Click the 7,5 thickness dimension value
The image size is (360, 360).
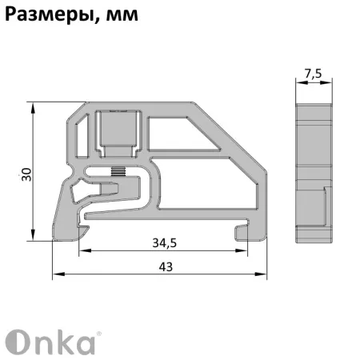click(x=314, y=74)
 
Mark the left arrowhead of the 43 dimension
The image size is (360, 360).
click(x=57, y=274)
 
